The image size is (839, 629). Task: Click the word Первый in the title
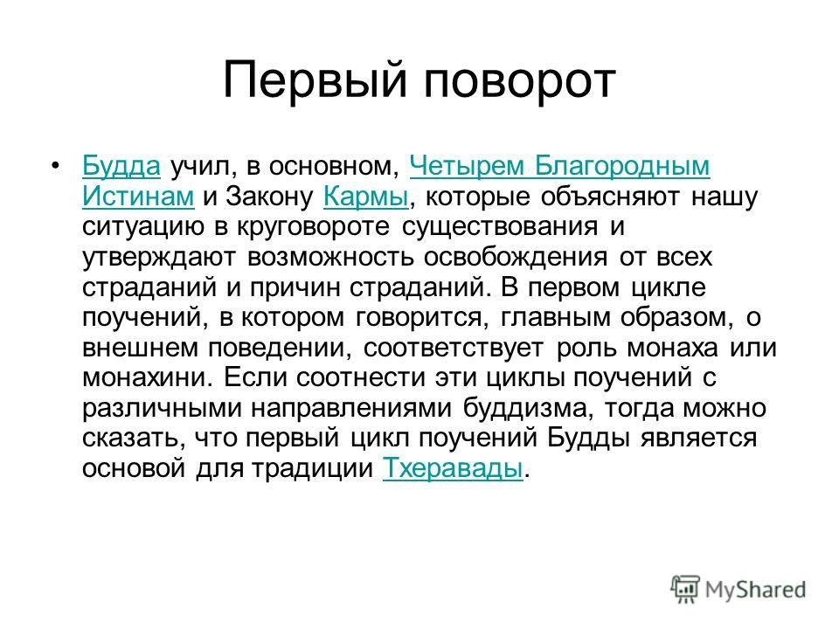tap(315, 80)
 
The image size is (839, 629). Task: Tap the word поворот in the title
tap(519, 82)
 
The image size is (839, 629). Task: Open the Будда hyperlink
tap(121, 166)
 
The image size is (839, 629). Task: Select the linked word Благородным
tap(622, 167)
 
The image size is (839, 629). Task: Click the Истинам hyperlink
tap(138, 196)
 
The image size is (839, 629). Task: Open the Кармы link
tap(366, 197)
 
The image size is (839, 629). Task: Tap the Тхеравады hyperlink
tap(453, 469)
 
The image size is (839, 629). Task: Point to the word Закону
tap(269, 197)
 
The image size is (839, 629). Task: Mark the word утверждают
tap(158, 258)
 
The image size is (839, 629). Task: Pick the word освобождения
tap(516, 257)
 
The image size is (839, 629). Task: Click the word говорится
tap(422, 318)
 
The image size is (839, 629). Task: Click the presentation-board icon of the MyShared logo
tap(685, 589)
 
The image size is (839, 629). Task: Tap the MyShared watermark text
tap(755, 590)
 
